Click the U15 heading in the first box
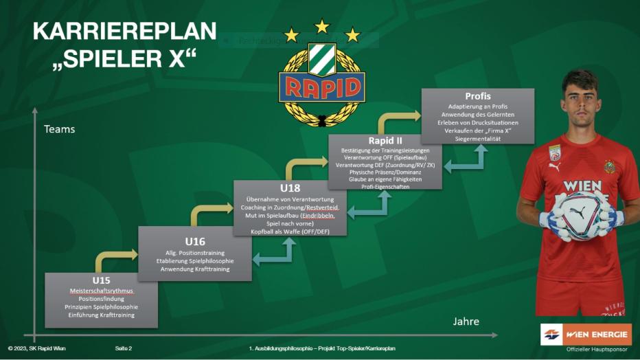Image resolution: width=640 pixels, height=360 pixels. click(x=101, y=280)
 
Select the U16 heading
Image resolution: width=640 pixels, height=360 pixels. click(x=195, y=241)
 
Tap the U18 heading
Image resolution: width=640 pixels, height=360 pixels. click(x=290, y=188)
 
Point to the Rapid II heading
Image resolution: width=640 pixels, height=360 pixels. click(x=385, y=141)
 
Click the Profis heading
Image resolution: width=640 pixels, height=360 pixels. click(x=478, y=96)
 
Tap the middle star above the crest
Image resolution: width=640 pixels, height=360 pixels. click(x=322, y=26)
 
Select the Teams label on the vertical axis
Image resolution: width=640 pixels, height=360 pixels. click(x=59, y=128)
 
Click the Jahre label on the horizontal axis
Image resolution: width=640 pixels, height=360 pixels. click(x=466, y=321)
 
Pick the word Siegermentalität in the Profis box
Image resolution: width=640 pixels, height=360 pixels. click(x=478, y=139)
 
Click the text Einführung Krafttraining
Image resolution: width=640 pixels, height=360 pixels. click(x=100, y=315)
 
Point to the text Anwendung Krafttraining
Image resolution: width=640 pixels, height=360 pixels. click(x=195, y=269)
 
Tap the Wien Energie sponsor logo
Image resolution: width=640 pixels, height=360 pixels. click(x=586, y=335)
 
